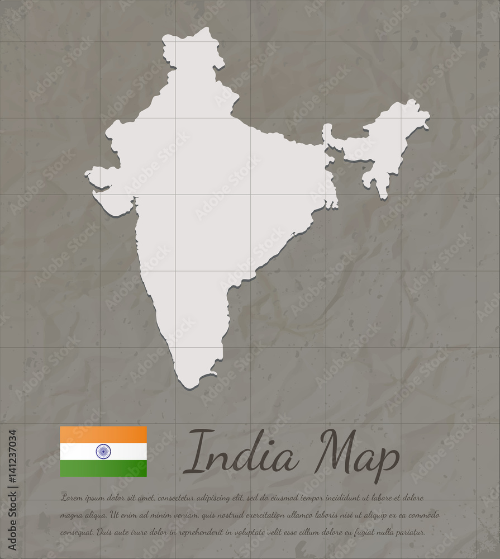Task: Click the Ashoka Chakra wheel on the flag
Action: (103, 452)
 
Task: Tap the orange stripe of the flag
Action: (103, 435)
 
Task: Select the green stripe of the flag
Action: (103, 468)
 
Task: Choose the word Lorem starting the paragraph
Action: (72, 498)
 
